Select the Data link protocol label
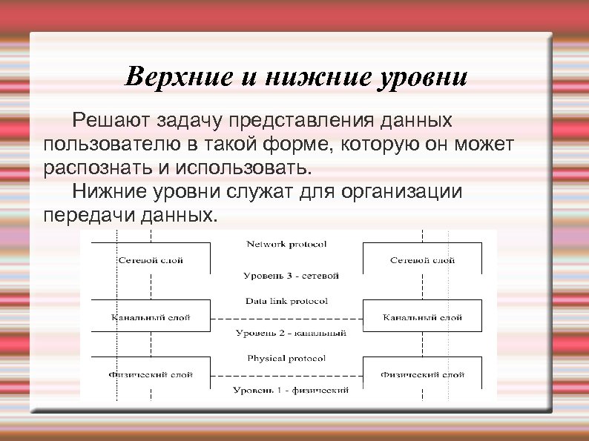click(x=286, y=301)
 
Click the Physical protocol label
click(x=286, y=358)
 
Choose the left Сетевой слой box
click(x=151, y=260)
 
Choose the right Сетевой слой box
click(x=422, y=260)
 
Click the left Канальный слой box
click(x=151, y=317)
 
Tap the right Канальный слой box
click(x=422, y=317)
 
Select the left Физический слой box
click(x=151, y=374)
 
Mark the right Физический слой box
click(x=422, y=374)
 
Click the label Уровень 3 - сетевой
click(x=291, y=276)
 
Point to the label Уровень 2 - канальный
click(x=291, y=333)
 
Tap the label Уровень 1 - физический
click(x=291, y=390)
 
